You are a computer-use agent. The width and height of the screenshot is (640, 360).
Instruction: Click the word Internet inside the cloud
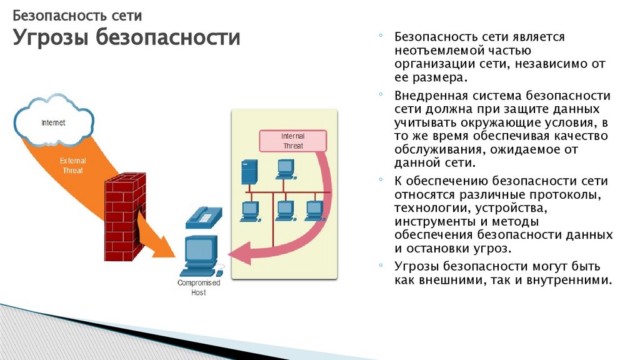(x=53, y=122)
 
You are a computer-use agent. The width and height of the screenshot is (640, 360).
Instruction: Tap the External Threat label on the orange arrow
(x=72, y=165)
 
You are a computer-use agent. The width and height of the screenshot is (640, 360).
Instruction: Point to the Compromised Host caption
(x=199, y=287)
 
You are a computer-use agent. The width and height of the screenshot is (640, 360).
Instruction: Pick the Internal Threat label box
(x=292, y=141)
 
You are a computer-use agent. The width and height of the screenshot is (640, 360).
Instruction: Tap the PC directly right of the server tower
(x=285, y=167)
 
